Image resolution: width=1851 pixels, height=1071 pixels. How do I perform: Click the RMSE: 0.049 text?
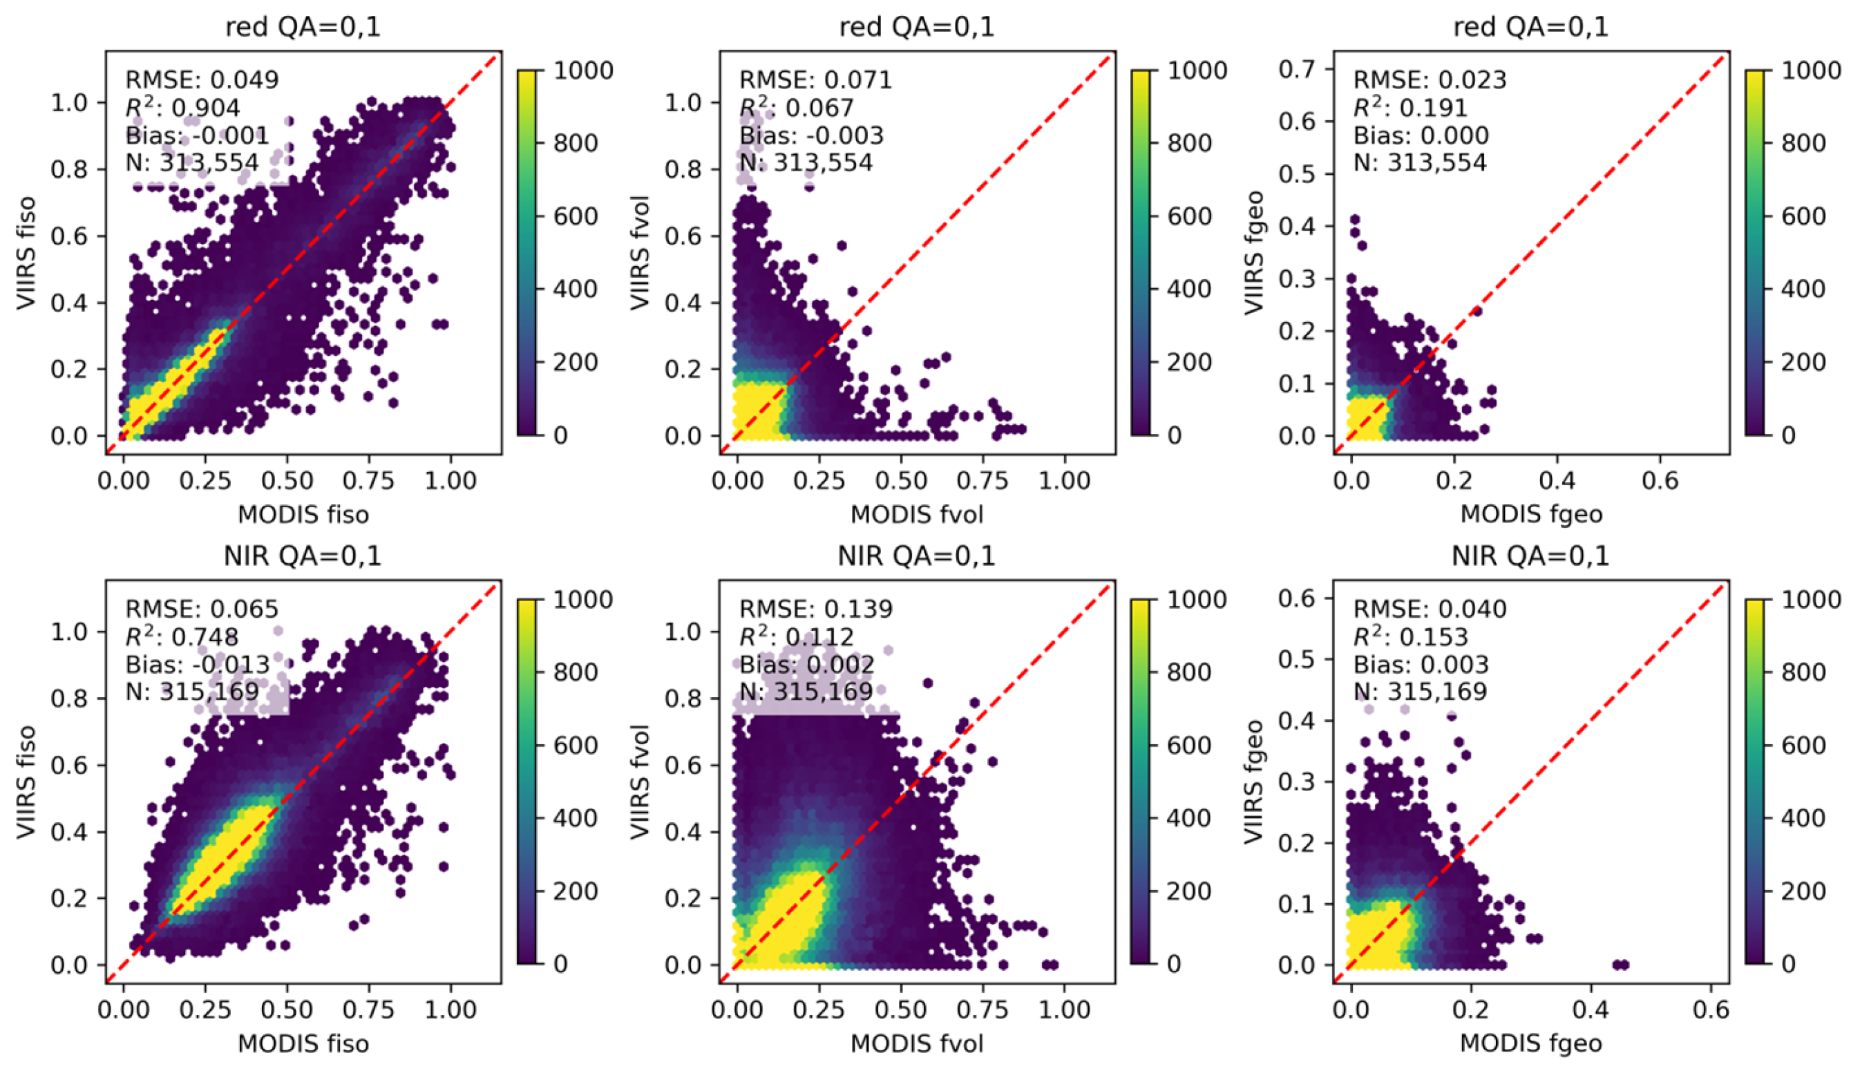click(x=202, y=79)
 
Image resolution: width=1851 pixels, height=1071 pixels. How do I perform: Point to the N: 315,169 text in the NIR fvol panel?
click(x=806, y=691)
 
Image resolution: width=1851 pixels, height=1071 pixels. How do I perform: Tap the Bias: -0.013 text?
click(x=198, y=664)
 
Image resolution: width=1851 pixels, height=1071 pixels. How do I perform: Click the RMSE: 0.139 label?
click(x=815, y=608)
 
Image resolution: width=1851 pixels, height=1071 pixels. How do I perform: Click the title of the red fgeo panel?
click(x=1530, y=27)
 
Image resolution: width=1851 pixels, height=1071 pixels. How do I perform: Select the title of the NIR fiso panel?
click(x=303, y=556)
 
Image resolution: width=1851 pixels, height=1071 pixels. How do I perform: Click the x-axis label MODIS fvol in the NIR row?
click(x=917, y=1043)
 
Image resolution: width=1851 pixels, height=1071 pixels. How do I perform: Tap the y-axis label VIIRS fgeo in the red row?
click(x=1254, y=254)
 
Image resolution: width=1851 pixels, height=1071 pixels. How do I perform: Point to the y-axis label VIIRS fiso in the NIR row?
click(x=26, y=781)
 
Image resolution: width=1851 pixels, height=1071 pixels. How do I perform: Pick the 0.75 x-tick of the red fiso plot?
click(x=368, y=480)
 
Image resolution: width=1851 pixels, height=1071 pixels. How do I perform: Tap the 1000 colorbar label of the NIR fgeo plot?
click(x=1812, y=599)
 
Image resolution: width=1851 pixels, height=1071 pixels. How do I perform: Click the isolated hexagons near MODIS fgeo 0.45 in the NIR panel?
click(x=1620, y=965)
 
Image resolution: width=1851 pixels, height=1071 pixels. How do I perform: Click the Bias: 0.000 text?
click(x=1421, y=135)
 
